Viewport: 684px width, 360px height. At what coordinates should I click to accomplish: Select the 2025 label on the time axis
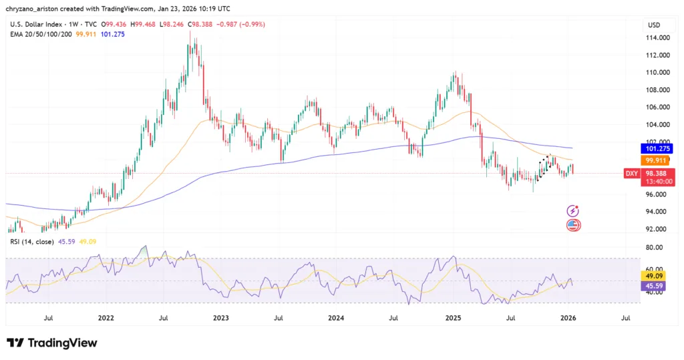(454, 319)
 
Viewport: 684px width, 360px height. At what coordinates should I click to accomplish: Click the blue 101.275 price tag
(654, 148)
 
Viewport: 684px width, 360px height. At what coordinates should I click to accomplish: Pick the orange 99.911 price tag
(654, 161)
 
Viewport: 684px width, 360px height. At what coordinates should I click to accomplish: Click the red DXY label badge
(631, 174)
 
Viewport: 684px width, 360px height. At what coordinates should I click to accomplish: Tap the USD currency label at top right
(653, 25)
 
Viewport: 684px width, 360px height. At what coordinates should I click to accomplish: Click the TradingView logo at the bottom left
(52, 343)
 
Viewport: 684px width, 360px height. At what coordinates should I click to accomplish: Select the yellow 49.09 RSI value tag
(653, 275)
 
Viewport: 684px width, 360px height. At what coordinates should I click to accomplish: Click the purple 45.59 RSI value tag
(653, 286)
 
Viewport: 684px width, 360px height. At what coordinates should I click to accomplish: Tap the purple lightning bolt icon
(573, 210)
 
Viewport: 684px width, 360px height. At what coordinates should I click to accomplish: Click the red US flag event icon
(573, 225)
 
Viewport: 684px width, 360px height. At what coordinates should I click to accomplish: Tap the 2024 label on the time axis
(338, 319)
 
